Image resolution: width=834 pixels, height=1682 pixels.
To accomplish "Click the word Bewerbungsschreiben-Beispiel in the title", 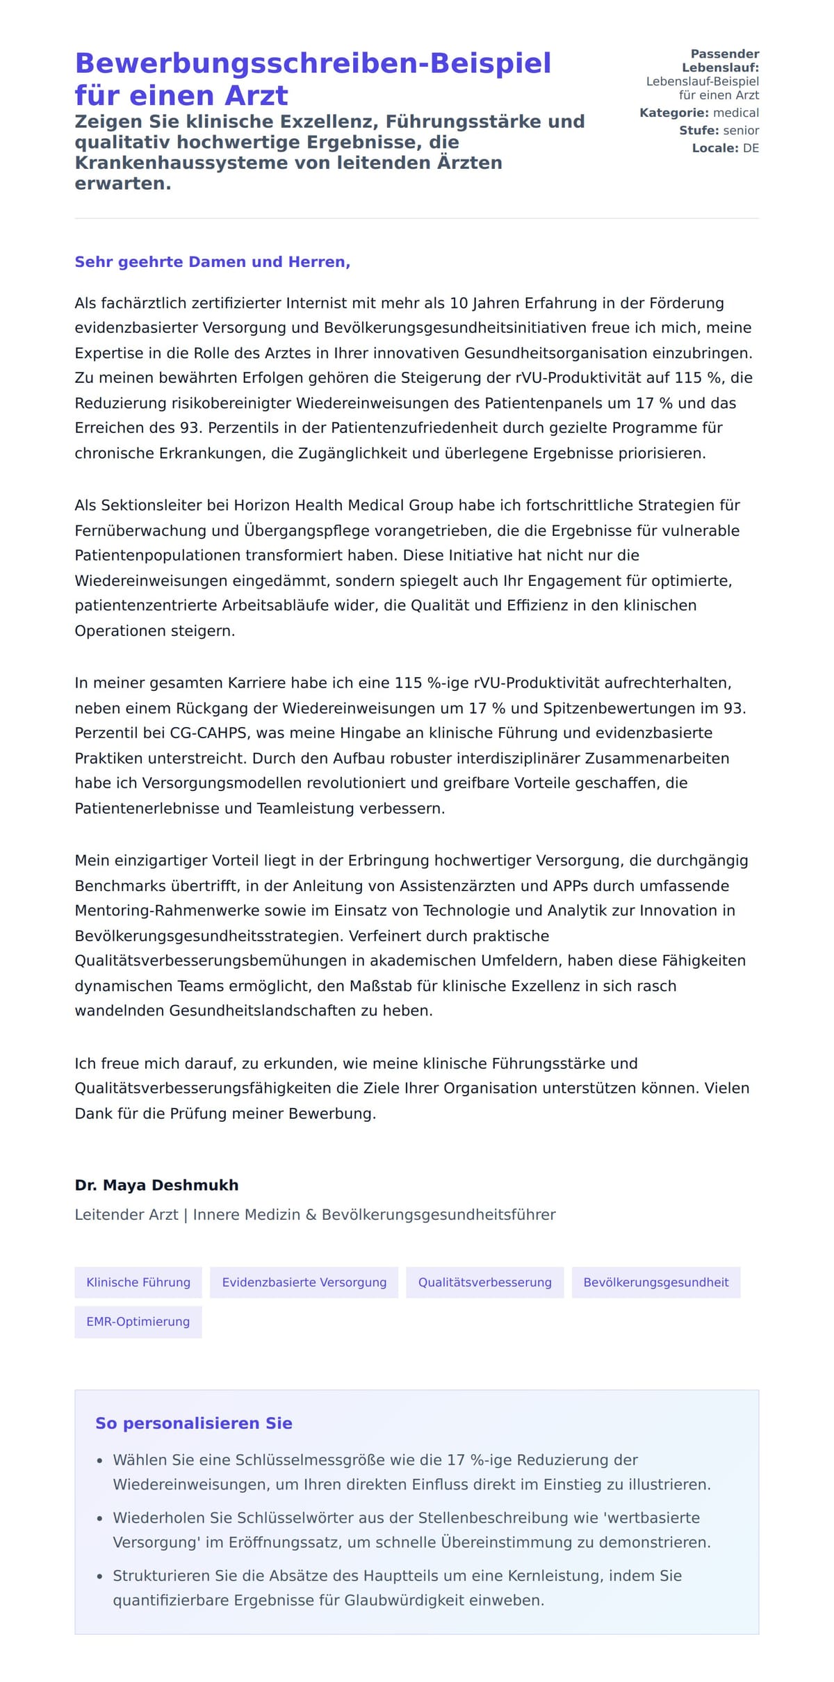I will click(x=313, y=63).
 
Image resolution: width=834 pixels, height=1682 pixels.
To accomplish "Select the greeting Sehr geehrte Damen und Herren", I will click(x=212, y=262).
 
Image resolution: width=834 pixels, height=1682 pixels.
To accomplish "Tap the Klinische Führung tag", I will click(x=138, y=1282).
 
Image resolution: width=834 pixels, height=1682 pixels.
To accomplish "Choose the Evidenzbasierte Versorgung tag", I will click(x=304, y=1282).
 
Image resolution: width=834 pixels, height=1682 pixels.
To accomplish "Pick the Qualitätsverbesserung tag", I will click(x=484, y=1282).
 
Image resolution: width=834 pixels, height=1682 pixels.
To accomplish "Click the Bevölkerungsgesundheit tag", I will click(x=655, y=1282).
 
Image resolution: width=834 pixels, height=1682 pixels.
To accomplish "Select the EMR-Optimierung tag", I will click(x=138, y=1321).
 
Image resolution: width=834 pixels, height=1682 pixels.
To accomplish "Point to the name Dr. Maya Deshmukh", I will click(x=156, y=1185).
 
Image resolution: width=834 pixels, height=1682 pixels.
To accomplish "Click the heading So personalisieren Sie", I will click(x=193, y=1423).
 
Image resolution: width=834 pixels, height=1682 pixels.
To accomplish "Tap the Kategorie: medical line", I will click(x=698, y=113).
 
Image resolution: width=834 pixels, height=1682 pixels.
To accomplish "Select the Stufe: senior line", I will click(x=719, y=131).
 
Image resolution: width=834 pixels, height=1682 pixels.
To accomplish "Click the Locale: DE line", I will click(x=725, y=148).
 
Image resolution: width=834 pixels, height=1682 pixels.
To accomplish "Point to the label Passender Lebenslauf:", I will click(x=721, y=60).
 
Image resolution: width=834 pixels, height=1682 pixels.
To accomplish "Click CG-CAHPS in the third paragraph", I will click(x=208, y=733).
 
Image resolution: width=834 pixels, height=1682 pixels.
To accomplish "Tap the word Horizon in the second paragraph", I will click(x=262, y=505).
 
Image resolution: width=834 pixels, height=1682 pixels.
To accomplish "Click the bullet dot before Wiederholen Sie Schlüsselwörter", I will click(x=100, y=1519).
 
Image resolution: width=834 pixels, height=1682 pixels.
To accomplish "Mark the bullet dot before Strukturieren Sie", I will click(x=100, y=1577).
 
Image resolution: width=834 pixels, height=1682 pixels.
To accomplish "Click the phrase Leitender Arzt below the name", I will click(x=126, y=1215).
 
